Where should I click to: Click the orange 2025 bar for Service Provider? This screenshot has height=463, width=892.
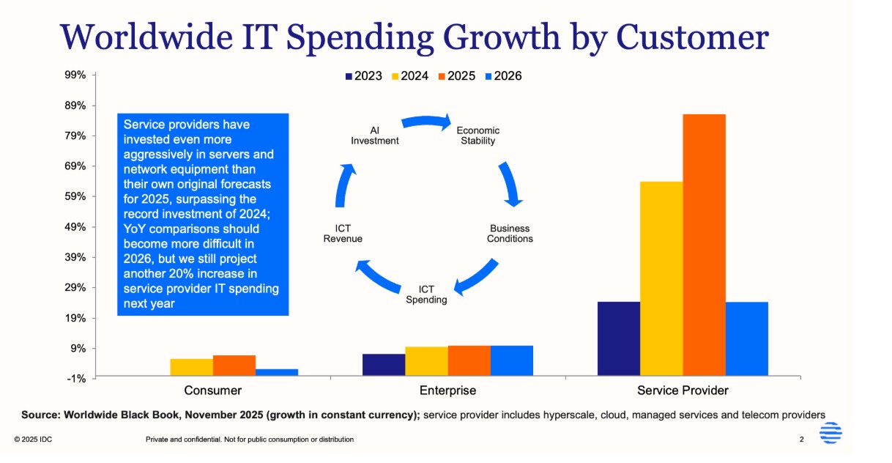[x=704, y=245]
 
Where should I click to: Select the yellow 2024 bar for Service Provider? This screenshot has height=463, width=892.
[x=661, y=278]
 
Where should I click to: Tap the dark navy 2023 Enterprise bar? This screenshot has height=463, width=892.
[x=384, y=364]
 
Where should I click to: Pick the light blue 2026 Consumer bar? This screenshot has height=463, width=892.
[x=277, y=371]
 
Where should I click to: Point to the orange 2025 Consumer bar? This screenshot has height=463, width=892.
[x=234, y=365]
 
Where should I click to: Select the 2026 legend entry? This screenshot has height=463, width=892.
[x=503, y=76]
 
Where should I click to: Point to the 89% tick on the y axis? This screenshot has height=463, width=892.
[x=76, y=105]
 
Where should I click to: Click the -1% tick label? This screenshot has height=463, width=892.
[x=77, y=378]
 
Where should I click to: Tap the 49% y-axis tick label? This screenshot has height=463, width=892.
[x=76, y=227]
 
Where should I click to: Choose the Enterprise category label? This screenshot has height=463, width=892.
[x=447, y=390]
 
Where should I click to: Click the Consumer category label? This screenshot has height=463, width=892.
[x=213, y=390]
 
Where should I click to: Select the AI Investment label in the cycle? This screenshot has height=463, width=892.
[x=375, y=136]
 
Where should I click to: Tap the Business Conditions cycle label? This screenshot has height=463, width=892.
[x=510, y=234]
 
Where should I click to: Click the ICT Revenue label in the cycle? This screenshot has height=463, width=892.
[x=343, y=234]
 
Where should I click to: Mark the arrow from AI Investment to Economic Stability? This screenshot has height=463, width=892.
[x=426, y=122]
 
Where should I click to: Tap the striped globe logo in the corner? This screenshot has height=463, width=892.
[x=830, y=434]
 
